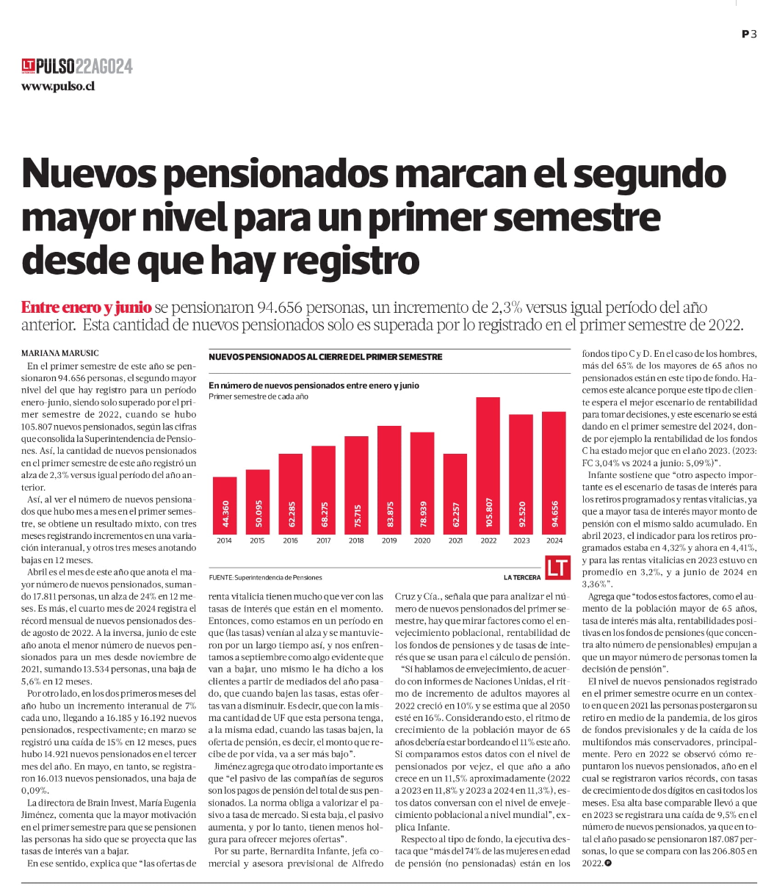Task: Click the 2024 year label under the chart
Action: [554, 540]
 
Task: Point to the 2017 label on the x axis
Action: [323, 540]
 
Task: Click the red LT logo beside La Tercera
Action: [557, 567]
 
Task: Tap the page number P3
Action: [748, 34]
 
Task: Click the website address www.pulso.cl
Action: [58, 86]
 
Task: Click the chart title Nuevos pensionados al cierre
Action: [325, 357]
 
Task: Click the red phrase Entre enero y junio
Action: [87, 307]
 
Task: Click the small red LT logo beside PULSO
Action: [28, 66]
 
